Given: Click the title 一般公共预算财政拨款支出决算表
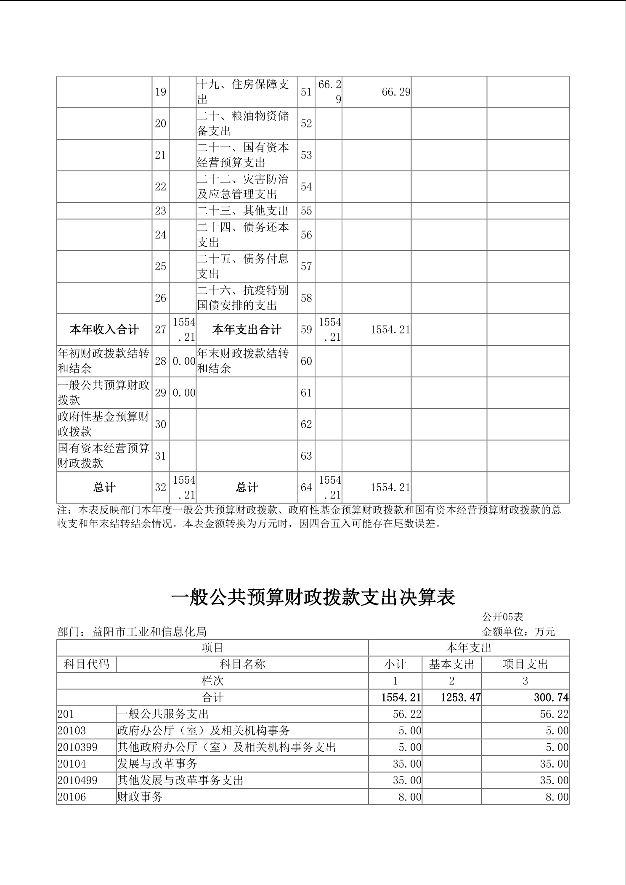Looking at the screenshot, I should point(313,597).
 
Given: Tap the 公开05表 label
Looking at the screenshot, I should point(503,617).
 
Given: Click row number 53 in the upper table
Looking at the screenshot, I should point(306,155).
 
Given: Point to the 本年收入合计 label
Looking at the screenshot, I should point(104,330).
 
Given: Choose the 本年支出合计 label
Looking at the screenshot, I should point(247,330).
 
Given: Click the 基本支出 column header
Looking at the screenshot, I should point(451,664).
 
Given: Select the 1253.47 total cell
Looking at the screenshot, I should point(460,697).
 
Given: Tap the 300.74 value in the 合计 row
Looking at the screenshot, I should point(551,697).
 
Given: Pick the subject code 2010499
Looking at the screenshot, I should point(77,780).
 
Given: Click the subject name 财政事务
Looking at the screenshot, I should point(140,797).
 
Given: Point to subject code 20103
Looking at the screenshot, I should point(74,731).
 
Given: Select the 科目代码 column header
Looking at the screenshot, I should point(86,664).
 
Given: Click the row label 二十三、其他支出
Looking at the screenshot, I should point(243,211).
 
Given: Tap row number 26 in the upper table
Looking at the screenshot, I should point(160,298).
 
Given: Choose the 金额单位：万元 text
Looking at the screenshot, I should point(518,632).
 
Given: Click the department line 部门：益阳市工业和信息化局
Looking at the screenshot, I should point(132,632).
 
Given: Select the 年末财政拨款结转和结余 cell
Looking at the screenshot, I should point(243,361).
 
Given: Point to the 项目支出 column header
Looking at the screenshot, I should point(525,664).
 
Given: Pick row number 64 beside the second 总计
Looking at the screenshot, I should point(306,488).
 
